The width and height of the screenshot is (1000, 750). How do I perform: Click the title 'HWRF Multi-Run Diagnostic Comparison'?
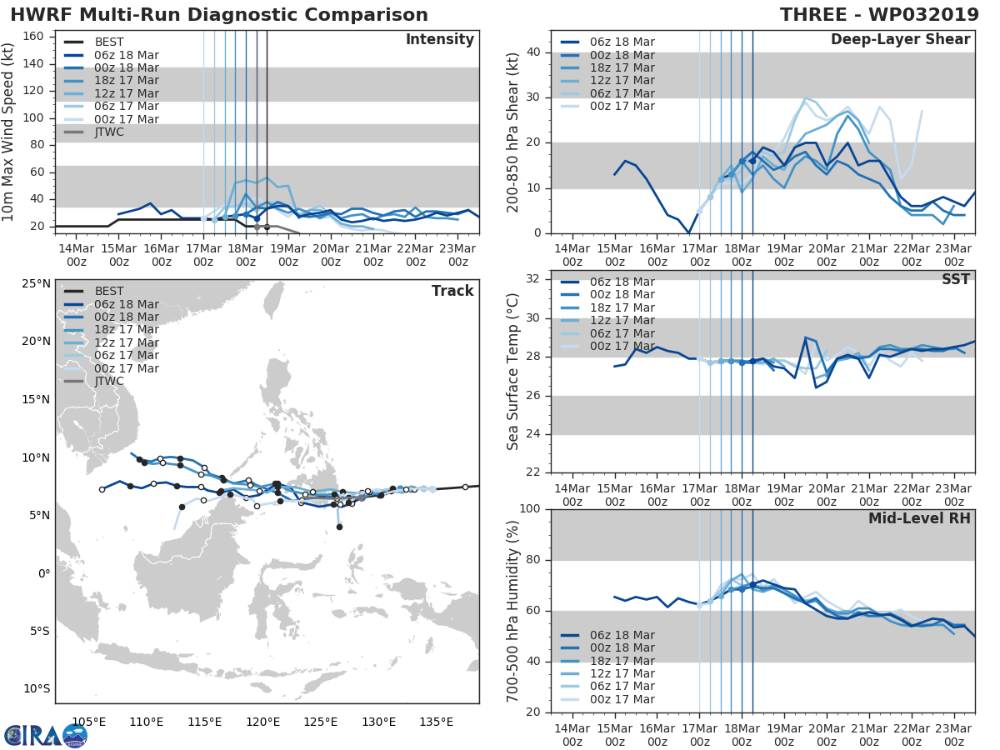(x=219, y=15)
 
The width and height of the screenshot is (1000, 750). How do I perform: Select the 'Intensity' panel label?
(x=439, y=40)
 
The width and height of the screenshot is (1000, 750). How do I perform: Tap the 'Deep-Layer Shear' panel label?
(x=900, y=40)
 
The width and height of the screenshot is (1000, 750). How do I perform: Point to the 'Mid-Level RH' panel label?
(x=919, y=518)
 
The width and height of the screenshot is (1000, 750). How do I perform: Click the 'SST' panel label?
(x=956, y=279)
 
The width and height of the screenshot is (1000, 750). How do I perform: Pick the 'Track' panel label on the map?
(x=452, y=291)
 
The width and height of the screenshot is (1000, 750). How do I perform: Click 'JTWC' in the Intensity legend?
(x=110, y=132)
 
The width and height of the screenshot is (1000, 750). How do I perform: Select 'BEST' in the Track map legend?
(x=109, y=291)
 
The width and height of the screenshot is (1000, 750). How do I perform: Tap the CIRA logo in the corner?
(x=46, y=735)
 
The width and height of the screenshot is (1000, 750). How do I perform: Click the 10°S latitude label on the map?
(x=36, y=688)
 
